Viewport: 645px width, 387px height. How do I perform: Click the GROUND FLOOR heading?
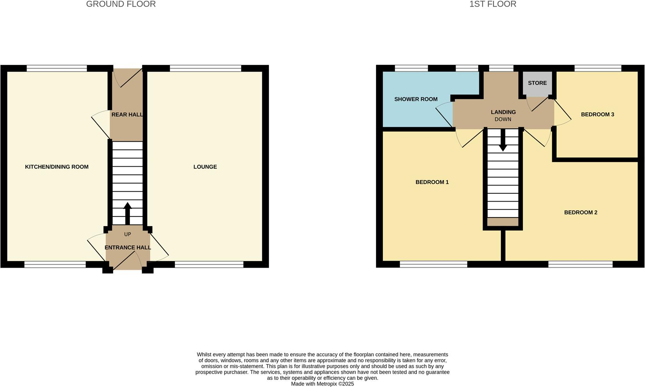click(121, 4)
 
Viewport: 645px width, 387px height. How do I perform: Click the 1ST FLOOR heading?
click(493, 4)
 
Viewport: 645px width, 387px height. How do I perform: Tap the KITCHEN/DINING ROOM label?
click(57, 167)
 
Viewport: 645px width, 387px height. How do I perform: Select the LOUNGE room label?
click(205, 167)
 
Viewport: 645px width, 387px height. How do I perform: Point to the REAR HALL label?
click(127, 115)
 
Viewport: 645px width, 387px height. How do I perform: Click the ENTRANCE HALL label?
click(128, 247)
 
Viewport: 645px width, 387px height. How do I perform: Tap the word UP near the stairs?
click(128, 234)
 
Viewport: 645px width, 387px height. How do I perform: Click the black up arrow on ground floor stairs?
click(128, 213)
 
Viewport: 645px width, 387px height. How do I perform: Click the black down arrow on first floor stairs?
click(503, 140)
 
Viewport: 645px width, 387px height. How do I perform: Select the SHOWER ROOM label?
click(416, 99)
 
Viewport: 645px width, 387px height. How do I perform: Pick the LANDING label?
click(503, 112)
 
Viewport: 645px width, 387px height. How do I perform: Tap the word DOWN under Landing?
click(503, 119)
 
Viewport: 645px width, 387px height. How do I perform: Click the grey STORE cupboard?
click(537, 84)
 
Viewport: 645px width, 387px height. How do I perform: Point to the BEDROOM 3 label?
click(597, 114)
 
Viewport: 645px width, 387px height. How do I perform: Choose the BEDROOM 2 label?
click(580, 212)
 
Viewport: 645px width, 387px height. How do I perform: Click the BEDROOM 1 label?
click(432, 182)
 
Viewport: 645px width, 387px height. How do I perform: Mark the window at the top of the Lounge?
click(205, 68)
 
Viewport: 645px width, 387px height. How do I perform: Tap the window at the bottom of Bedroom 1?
click(434, 265)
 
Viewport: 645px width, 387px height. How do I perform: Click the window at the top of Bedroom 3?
click(598, 68)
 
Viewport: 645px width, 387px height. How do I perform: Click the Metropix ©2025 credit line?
click(322, 384)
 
